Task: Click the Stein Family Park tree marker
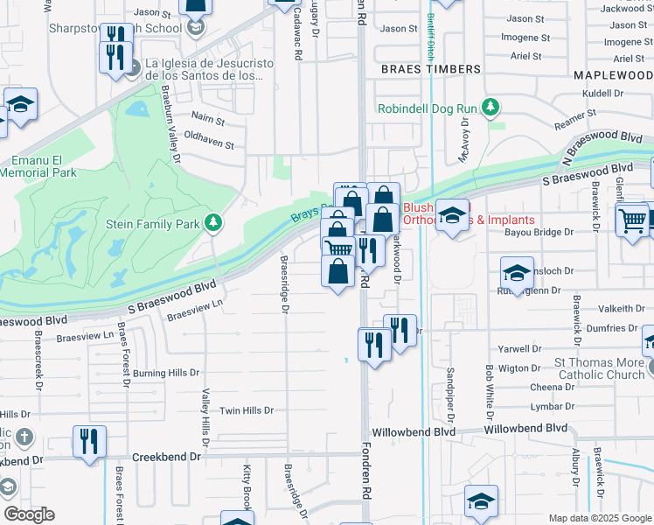pos(212,224)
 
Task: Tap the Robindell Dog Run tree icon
pos(491,108)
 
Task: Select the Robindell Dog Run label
pos(428,108)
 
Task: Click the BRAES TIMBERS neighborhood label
pos(430,68)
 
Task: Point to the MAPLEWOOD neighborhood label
pos(613,76)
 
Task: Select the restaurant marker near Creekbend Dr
pos(89,441)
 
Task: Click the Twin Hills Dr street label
pos(247,410)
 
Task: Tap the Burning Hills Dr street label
pos(166,373)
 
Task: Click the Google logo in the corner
pos(29,515)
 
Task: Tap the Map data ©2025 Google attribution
pos(601,518)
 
